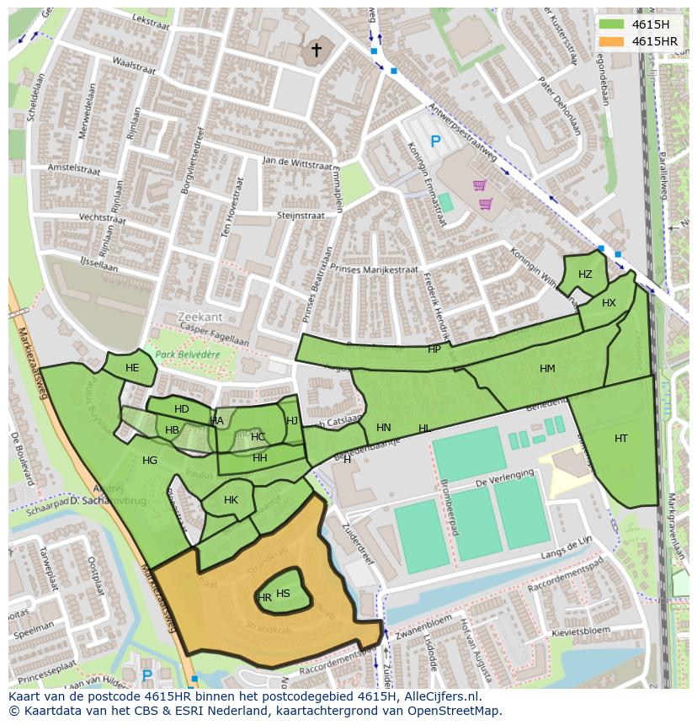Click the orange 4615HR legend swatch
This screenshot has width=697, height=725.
(x=611, y=41)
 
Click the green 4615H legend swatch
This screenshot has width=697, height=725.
(x=611, y=24)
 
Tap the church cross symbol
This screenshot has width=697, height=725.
(x=317, y=51)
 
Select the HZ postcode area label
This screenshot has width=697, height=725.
(x=585, y=275)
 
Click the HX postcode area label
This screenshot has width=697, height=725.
(x=609, y=303)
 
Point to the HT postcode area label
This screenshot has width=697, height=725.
(x=621, y=439)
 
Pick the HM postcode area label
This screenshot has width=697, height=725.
(x=547, y=369)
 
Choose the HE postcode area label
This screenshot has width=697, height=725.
(x=132, y=368)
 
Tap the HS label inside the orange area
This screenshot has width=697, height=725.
(x=283, y=594)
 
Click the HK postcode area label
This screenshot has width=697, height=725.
(x=231, y=500)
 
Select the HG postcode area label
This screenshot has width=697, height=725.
(x=150, y=461)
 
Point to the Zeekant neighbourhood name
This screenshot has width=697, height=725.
(x=200, y=317)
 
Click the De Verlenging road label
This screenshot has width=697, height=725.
(x=505, y=480)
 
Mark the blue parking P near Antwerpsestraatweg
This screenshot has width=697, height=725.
(x=435, y=142)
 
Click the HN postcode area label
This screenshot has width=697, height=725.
(x=384, y=428)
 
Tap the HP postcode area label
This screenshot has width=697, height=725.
(x=434, y=349)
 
